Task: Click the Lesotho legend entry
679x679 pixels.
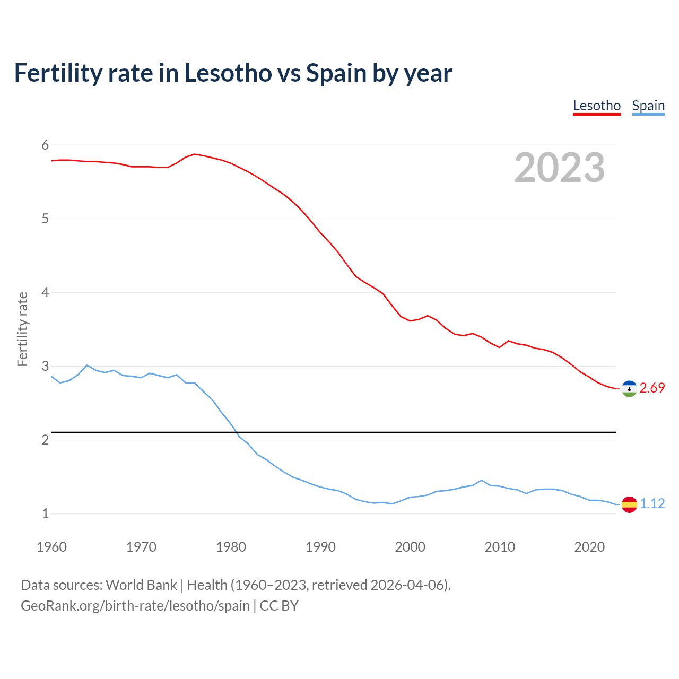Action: click(597, 106)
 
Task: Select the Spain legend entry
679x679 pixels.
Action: click(648, 106)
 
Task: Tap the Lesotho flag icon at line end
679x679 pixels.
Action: click(629, 388)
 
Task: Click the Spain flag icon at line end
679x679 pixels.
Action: click(629, 504)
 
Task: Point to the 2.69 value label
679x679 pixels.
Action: click(652, 388)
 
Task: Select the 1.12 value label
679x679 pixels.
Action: click(652, 504)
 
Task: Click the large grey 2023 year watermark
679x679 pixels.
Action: click(560, 168)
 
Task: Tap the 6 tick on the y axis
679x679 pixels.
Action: click(45, 145)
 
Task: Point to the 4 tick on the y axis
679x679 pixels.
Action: click(45, 292)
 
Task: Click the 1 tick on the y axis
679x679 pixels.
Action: click(45, 513)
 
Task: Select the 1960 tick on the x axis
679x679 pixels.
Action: click(51, 547)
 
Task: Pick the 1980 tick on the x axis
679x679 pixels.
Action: click(231, 547)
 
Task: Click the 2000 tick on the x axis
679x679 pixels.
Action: click(410, 547)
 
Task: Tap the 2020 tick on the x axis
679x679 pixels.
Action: click(589, 547)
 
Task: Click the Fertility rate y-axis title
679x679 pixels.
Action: click(22, 329)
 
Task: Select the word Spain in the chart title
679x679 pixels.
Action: click(336, 73)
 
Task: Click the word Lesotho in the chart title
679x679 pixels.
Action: click(228, 73)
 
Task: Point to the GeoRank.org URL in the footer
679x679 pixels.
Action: click(135, 605)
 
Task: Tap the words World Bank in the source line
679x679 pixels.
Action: click(141, 585)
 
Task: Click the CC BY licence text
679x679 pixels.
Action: click(279, 605)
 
